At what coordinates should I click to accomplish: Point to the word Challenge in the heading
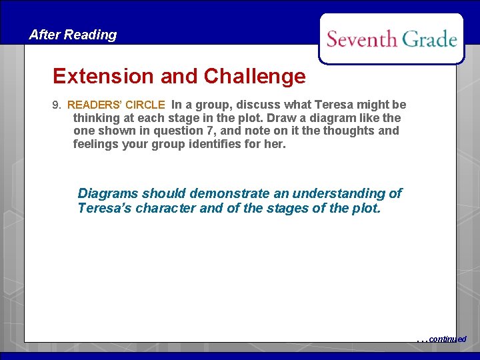[x=255, y=76]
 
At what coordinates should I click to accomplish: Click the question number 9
[x=56, y=105]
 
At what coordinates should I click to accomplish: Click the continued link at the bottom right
[x=447, y=339]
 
